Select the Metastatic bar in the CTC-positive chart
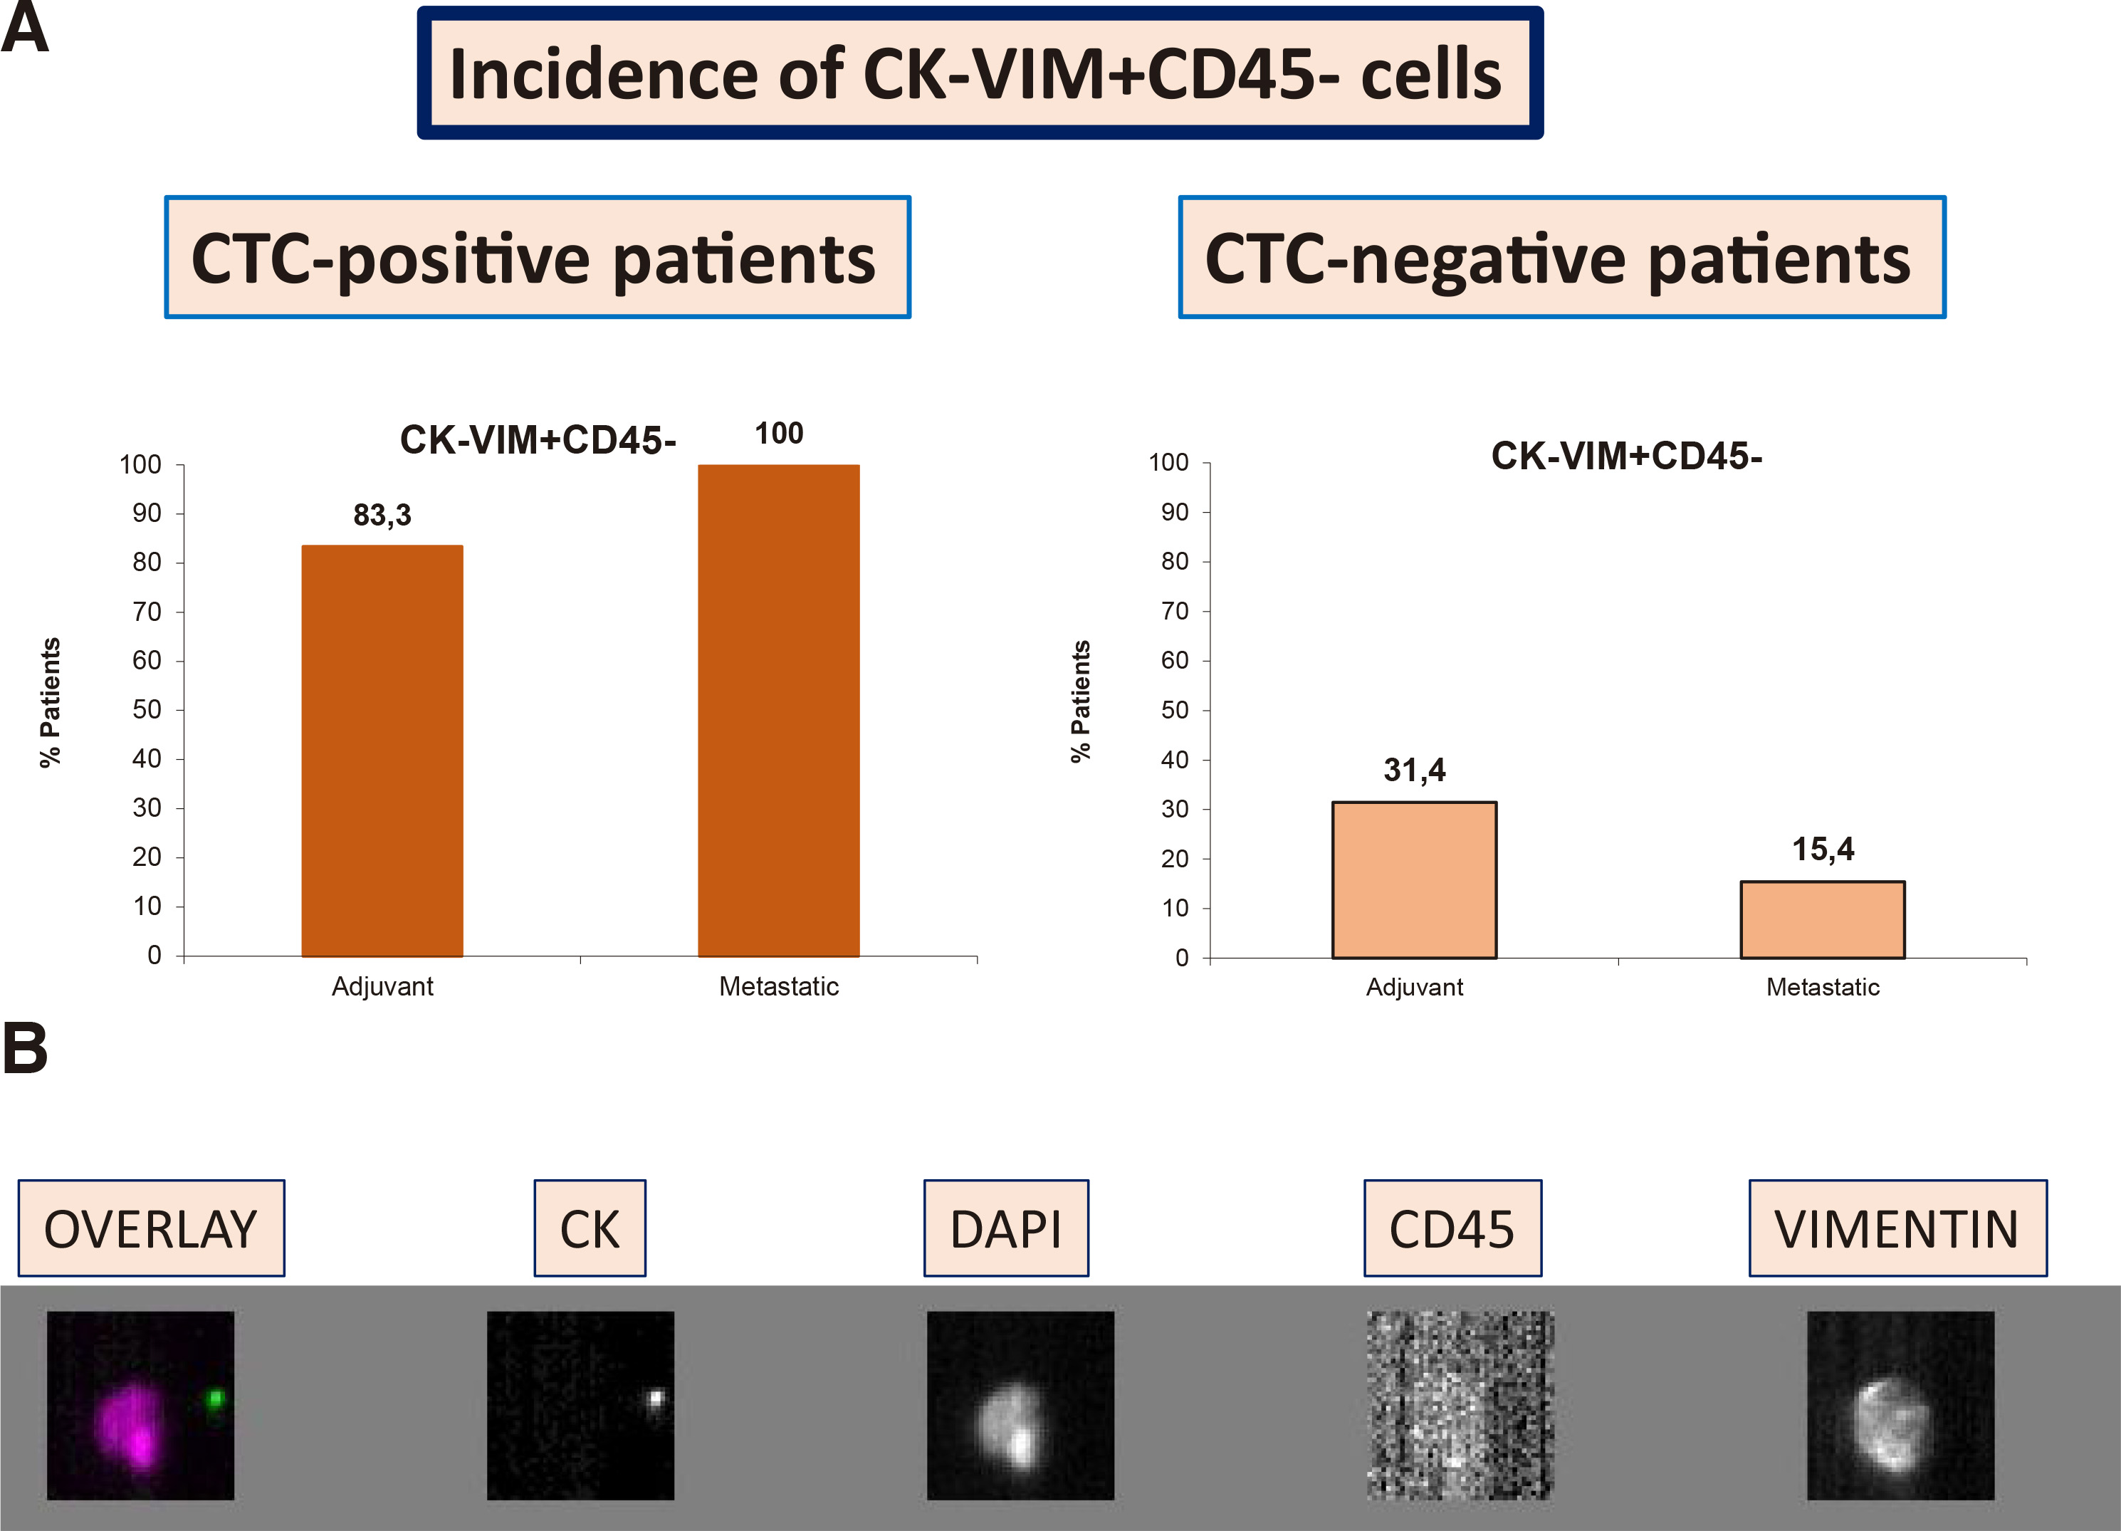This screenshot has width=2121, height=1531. pos(778,710)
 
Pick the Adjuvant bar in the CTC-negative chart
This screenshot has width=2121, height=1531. pos(1414,880)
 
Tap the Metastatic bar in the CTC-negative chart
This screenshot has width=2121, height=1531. pos(1822,919)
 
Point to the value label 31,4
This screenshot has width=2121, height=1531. pos(1414,770)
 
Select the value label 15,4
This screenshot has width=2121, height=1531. pos(1822,850)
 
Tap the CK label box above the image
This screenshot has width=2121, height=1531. pos(590,1228)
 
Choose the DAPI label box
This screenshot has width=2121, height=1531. pos(1006,1228)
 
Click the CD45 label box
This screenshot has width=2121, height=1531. pos(1452,1228)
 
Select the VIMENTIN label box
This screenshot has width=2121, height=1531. pos(1897,1228)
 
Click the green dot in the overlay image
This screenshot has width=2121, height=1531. pos(216,1399)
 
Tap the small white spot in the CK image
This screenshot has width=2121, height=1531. pos(656,1399)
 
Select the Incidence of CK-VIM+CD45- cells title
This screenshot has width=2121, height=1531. pos(978,73)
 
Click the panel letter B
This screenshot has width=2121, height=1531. pos(25,1047)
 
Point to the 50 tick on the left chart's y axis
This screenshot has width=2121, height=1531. pos(147,710)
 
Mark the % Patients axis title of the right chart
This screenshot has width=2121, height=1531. pos(1080,701)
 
